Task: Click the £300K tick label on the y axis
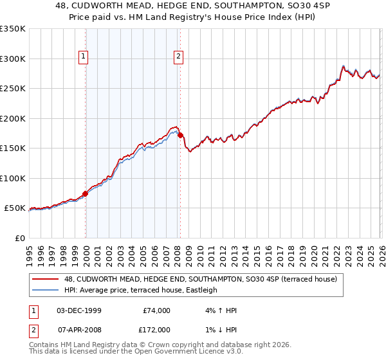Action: [12, 59]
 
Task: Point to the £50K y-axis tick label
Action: [15, 208]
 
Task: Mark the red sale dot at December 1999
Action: [85, 194]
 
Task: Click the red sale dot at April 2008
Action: [179, 135]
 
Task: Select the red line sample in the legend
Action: [44, 279]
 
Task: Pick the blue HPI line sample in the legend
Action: [44, 290]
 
